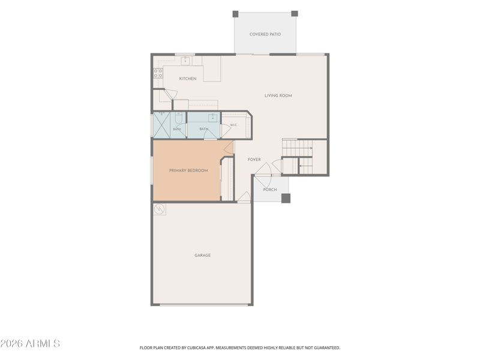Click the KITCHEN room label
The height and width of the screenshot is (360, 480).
point(188,79)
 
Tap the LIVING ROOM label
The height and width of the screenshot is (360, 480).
point(278,95)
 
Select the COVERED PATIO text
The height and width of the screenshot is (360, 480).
point(265,34)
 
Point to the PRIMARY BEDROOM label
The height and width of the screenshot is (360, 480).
point(188,170)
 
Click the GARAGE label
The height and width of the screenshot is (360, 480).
point(203,256)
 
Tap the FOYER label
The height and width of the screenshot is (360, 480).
point(254,160)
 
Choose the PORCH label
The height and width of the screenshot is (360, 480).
point(270,190)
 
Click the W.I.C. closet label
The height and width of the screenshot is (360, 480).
point(234,125)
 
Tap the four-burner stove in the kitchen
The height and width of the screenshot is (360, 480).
point(158,73)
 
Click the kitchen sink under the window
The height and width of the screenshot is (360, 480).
point(185,61)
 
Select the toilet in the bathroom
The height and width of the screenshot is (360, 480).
point(178,116)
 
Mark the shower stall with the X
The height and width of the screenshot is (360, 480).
point(161,125)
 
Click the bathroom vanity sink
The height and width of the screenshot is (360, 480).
point(213,117)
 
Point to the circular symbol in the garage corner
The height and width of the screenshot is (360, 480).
point(160,209)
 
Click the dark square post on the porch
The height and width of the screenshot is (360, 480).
point(286,199)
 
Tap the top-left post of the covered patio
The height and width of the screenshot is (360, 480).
point(235,14)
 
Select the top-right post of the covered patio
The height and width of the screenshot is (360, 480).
point(295,13)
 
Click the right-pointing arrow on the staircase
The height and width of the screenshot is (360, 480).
point(311,148)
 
